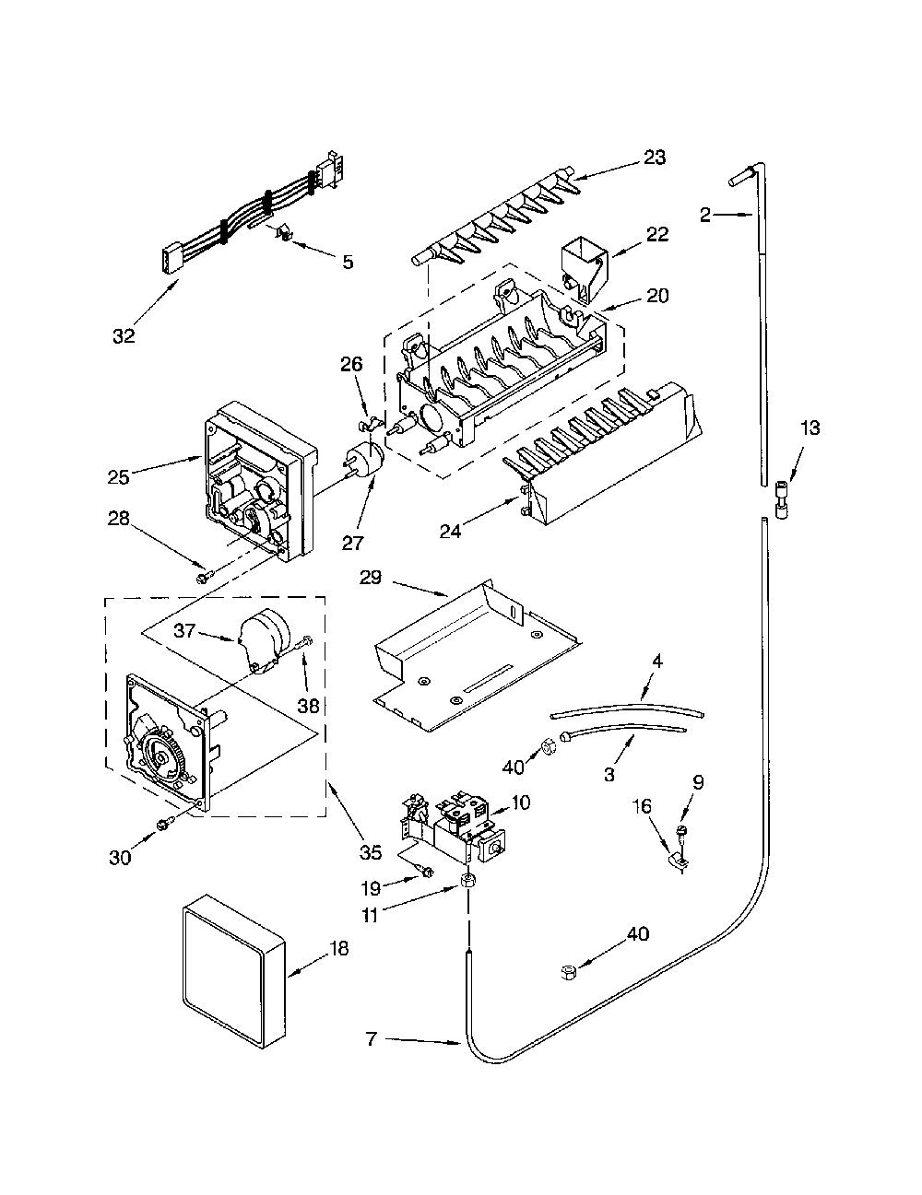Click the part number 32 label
tap(124, 335)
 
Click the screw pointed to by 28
tap(202, 578)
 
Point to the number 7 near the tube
tap(372, 1039)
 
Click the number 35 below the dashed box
tap(371, 852)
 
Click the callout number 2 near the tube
tap(705, 215)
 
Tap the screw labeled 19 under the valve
tap(426, 871)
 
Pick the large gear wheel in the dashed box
tap(161, 757)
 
